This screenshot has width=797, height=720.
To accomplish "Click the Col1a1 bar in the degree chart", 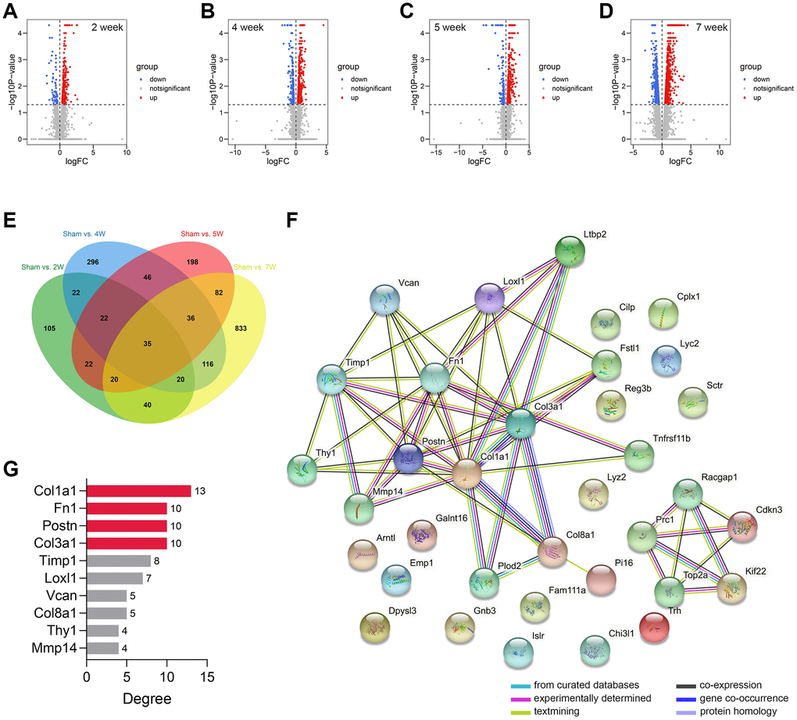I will point(138,491).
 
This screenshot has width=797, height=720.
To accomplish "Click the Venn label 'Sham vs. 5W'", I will point(201,235).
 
